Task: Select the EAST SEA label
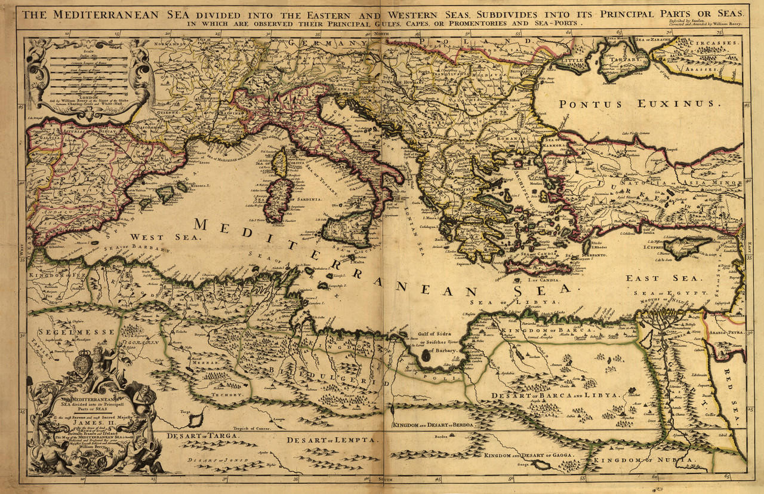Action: pyautogui.click(x=651, y=278)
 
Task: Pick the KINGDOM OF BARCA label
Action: pyautogui.click(x=546, y=330)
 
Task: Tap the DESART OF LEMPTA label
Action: pyautogui.click(x=331, y=440)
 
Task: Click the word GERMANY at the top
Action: pyautogui.click(x=327, y=43)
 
